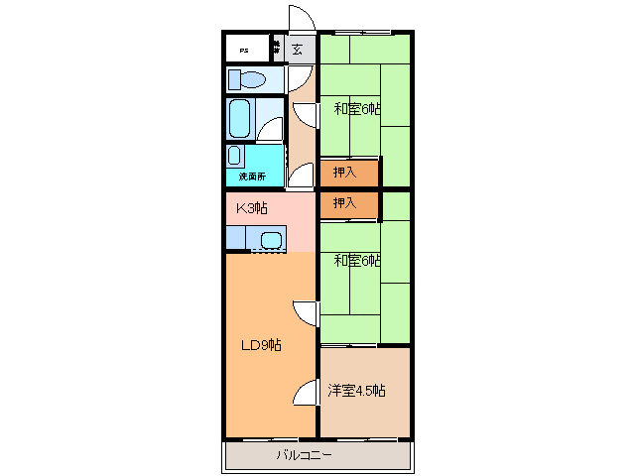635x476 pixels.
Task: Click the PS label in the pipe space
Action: (243, 48)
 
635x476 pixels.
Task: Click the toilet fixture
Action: (247, 79)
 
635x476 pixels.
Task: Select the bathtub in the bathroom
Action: (239, 119)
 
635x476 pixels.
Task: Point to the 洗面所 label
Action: (252, 177)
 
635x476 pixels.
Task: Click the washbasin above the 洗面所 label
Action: (235, 156)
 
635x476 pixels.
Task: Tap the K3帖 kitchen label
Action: (251, 208)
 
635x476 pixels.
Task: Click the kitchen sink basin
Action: (271, 239)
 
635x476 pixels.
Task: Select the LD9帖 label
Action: (262, 345)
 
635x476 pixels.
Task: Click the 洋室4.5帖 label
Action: (357, 390)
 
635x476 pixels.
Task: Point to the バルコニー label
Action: (304, 456)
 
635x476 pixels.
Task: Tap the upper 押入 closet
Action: (348, 173)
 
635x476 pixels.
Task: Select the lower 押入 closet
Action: (348, 204)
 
